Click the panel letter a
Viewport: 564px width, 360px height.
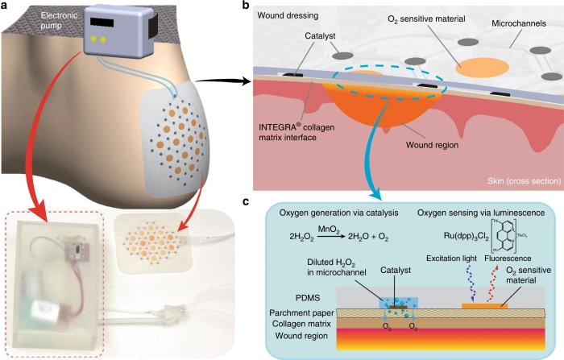(x=6, y=6)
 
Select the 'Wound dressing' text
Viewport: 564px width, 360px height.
(x=289, y=15)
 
